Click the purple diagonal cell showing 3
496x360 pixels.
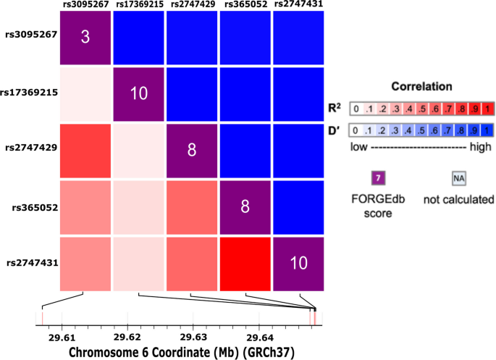click(85, 38)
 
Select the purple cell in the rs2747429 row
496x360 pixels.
click(192, 148)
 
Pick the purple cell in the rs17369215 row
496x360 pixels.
click(138, 93)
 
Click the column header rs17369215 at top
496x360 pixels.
click(138, 5)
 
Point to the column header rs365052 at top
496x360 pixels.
click(245, 5)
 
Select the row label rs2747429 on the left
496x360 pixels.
click(30, 148)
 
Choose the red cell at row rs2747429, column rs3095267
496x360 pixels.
click(85, 148)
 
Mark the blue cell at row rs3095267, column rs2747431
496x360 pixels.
click(299, 38)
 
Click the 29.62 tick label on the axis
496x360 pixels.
click(127, 337)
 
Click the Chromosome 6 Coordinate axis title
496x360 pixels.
click(180, 351)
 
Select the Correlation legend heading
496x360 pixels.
click(421, 85)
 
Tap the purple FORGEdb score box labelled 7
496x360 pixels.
click(377, 178)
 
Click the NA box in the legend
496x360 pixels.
click(458, 178)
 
